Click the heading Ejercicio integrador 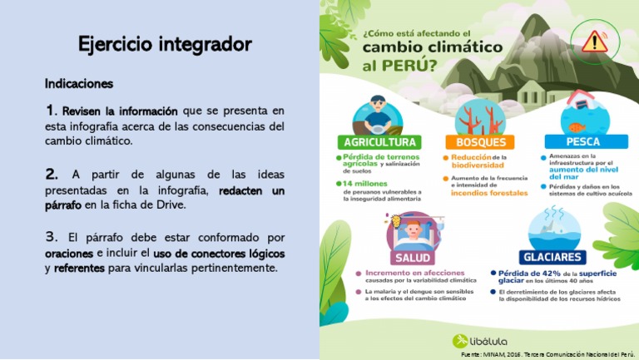pyautogui.click(x=165, y=43)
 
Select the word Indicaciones pyautogui.click(x=79, y=84)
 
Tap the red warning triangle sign pyautogui.click(x=594, y=42)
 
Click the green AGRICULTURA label pyautogui.click(x=375, y=141)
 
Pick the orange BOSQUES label pyautogui.click(x=481, y=141)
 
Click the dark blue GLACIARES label pyautogui.click(x=552, y=257)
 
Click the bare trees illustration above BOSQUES pyautogui.click(x=481, y=116)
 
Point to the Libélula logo pyautogui.click(x=480, y=341)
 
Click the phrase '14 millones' pyautogui.click(x=359, y=183)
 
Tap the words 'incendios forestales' pyautogui.click(x=489, y=193)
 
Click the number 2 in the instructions pyautogui.click(x=52, y=175)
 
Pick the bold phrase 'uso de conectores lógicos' pyautogui.click(x=219, y=253)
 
